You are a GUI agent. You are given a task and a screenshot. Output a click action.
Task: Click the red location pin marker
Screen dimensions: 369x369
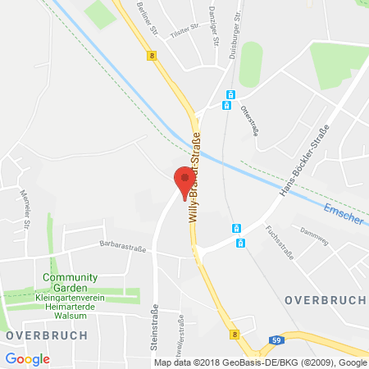(x=184, y=181)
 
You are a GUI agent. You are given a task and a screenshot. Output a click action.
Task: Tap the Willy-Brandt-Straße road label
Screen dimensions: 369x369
(x=197, y=176)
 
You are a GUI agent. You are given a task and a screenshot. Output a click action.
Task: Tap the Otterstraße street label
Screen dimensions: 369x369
(x=249, y=123)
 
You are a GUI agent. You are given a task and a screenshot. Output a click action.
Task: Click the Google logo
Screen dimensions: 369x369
(x=27, y=359)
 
